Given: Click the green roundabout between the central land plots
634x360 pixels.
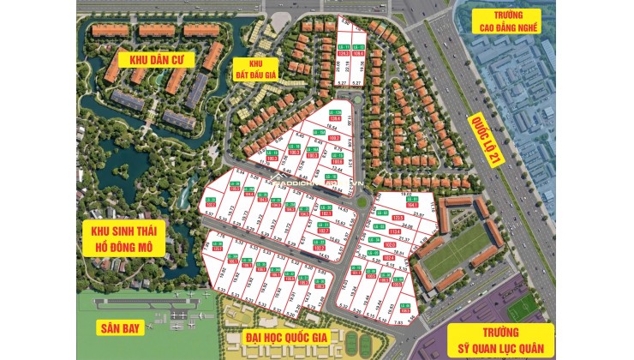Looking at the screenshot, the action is click(362, 202).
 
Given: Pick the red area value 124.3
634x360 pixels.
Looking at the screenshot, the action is click(344, 53).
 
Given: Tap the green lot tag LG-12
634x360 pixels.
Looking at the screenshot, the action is click(358, 46).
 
